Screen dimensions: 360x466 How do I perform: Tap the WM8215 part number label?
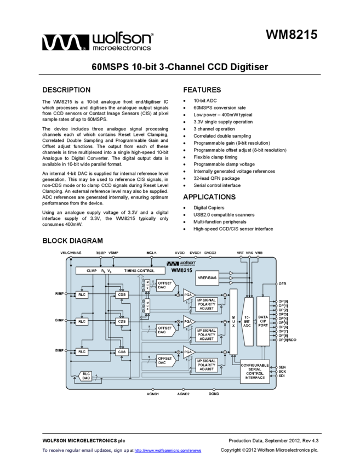[181, 270]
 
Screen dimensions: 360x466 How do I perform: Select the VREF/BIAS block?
[207, 278]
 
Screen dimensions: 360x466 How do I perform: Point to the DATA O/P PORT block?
[263, 321]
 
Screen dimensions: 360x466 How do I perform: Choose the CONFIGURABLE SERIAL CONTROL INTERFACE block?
[255, 372]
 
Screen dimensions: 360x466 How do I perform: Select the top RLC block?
[82, 295]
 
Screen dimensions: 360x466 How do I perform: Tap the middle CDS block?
[122, 322]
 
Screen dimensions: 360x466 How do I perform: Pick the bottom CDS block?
[122, 352]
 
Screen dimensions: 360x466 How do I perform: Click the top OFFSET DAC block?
[165, 286]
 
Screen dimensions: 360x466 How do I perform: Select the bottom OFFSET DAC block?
[165, 360]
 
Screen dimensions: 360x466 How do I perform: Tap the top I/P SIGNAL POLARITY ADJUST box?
[207, 304]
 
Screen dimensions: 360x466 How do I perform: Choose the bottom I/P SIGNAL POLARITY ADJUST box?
[207, 365]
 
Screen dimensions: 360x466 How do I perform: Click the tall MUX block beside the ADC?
[233, 322]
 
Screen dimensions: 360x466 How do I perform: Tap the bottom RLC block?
[82, 352]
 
